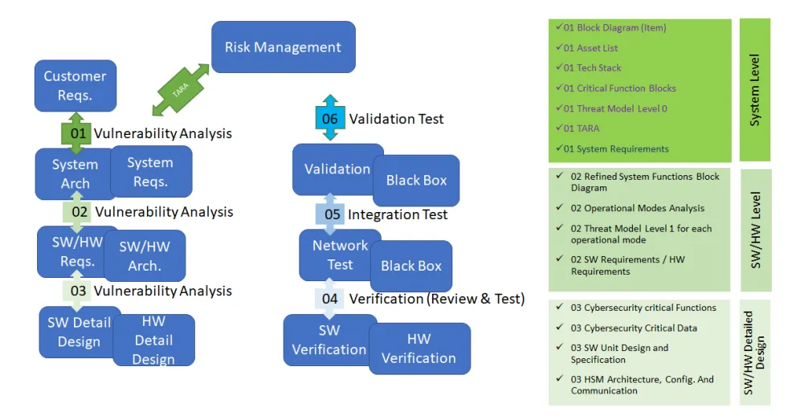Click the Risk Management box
pos(283,47)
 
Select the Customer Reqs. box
pos(75,85)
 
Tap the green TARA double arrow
pos(180,90)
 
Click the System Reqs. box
pos(151,172)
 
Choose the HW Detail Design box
pos(153,340)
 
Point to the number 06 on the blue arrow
pos(330,119)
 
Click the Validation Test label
pos(396,119)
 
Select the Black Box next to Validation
pos(416,181)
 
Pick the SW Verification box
pos(329,340)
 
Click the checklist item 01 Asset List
pos(590,48)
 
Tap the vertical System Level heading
pos(753,90)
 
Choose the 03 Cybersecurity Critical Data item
pos(634,328)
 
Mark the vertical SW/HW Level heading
pos(754,230)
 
